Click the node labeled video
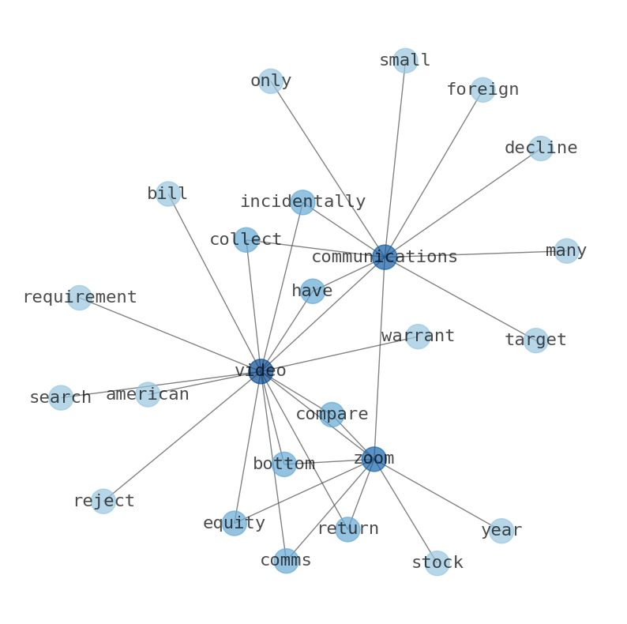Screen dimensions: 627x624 point(261,371)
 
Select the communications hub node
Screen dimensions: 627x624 point(385,257)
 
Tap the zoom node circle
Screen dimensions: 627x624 point(374,459)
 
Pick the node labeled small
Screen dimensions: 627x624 point(405,60)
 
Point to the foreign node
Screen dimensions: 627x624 point(482,89)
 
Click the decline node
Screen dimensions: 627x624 point(541,148)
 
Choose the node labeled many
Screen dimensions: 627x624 point(566,251)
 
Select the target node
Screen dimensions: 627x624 point(536,340)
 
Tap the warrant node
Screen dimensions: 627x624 point(418,336)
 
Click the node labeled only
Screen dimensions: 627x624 point(271,81)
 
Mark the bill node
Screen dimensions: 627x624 point(168,194)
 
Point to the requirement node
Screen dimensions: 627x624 point(79,298)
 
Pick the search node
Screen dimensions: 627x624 point(61,397)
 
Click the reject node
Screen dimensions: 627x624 point(103,501)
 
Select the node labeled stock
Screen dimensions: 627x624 point(437,563)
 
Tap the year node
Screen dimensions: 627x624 point(501,531)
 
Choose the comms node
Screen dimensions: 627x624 point(286,560)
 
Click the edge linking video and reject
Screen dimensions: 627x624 point(182,436)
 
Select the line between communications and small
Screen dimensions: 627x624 point(395,159)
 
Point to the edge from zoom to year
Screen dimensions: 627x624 point(437,494)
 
